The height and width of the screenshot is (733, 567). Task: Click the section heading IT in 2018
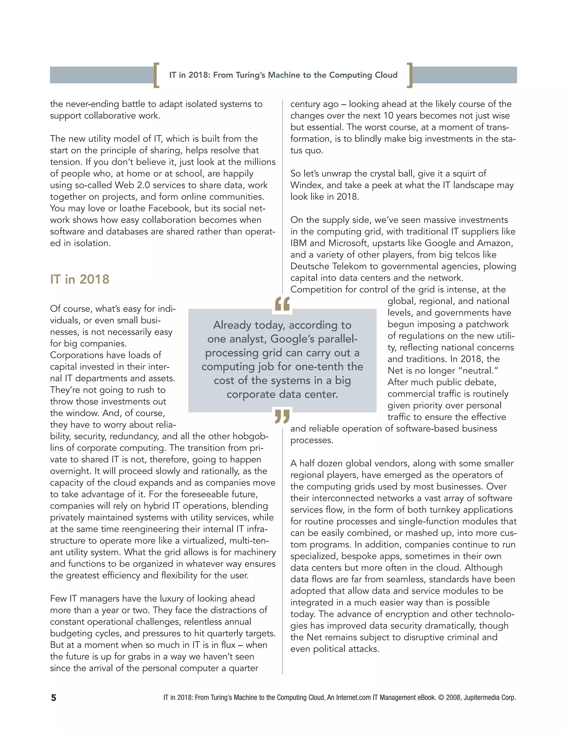(80, 279)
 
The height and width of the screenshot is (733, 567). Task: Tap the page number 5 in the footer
(53, 698)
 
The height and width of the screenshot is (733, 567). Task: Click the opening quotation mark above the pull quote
(282, 304)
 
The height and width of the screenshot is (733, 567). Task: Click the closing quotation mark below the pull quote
(282, 416)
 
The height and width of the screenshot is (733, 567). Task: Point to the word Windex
(306, 185)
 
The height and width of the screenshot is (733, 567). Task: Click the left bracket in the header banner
(156, 75)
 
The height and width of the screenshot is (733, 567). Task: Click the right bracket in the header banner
(409, 75)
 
